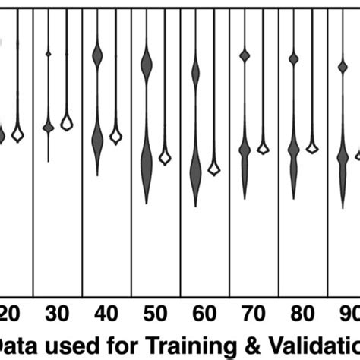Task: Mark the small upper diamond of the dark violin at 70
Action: (x=245, y=55)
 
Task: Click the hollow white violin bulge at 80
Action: (x=312, y=147)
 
